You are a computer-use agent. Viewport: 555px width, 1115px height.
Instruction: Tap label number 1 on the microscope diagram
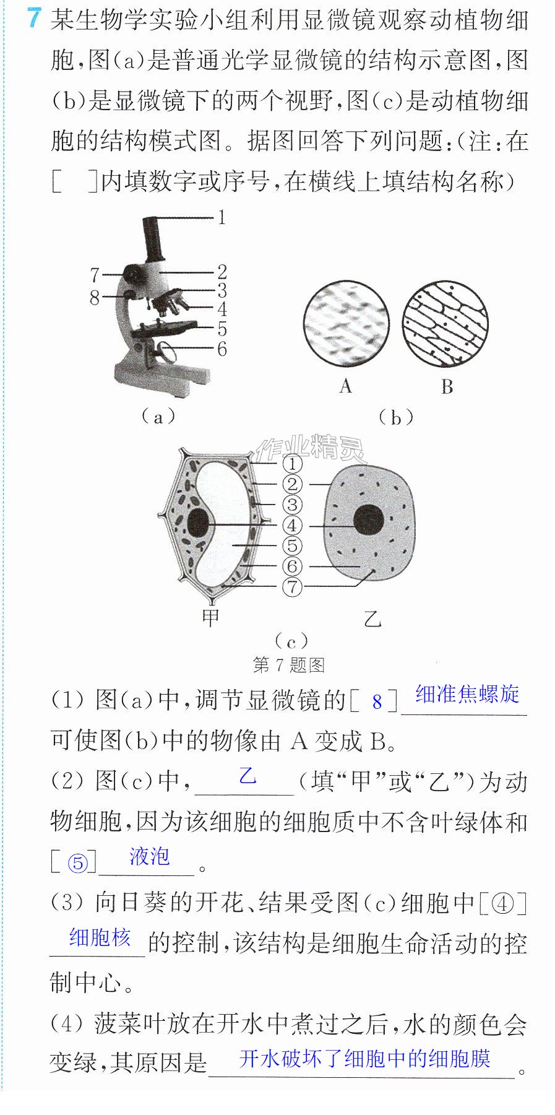click(x=222, y=217)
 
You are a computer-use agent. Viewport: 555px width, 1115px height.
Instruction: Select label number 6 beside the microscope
click(x=222, y=349)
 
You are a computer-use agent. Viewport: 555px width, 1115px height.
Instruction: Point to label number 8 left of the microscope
click(x=95, y=298)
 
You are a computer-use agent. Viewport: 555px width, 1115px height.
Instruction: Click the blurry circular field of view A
click(x=346, y=323)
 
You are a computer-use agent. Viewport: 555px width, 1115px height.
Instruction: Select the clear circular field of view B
click(x=445, y=323)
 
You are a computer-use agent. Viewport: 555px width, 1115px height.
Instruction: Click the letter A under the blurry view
click(x=345, y=386)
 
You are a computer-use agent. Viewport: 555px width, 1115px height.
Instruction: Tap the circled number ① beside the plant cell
click(x=293, y=464)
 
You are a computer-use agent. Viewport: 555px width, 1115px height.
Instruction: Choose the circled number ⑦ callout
click(x=293, y=586)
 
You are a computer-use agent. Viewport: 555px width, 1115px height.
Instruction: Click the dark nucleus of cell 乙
click(x=369, y=519)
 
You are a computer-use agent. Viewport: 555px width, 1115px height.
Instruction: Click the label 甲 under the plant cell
click(x=211, y=617)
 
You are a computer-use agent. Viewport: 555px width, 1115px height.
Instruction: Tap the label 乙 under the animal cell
click(x=373, y=618)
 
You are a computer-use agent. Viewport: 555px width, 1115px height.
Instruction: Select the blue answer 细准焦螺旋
click(x=468, y=694)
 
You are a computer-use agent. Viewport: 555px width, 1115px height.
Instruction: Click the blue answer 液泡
click(x=150, y=856)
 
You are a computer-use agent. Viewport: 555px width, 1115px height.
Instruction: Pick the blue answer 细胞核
click(x=100, y=937)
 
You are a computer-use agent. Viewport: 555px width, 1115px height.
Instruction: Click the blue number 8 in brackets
click(x=377, y=702)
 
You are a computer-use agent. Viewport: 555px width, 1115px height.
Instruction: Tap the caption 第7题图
click(x=289, y=665)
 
